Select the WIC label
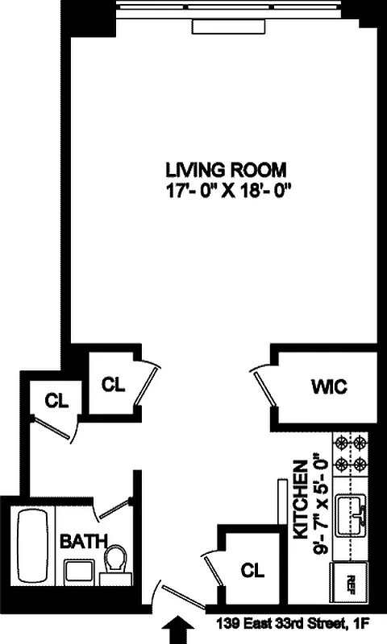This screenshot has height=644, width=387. coord(328,387)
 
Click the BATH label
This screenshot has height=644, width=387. coord(80,541)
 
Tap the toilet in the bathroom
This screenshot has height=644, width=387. coord(116,559)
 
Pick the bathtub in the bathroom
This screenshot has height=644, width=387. coord(33,545)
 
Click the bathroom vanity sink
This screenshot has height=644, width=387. coord(79,572)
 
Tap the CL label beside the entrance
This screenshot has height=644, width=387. coord(253,571)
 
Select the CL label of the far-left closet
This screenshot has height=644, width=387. coord(56,400)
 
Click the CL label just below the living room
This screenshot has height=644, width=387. coord(114,384)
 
